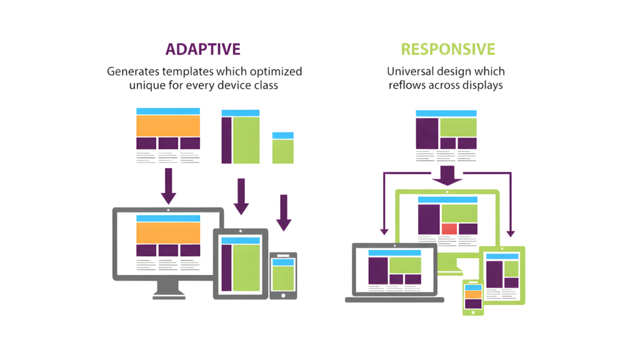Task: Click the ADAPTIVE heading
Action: (x=202, y=49)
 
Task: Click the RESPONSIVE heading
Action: (x=448, y=49)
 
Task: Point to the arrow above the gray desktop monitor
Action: (x=168, y=186)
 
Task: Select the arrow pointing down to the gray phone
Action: (x=284, y=212)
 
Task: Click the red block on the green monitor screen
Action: (x=449, y=229)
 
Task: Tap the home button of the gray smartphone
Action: (x=283, y=294)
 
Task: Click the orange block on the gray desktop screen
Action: (x=168, y=232)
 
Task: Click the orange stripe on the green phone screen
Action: (x=473, y=294)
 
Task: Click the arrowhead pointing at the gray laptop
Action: (x=384, y=233)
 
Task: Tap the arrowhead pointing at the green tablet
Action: (x=511, y=233)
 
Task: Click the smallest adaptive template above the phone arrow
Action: (x=282, y=147)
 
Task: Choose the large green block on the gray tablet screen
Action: (x=247, y=267)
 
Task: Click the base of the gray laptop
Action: (x=394, y=300)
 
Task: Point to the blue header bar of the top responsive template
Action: (x=446, y=114)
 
